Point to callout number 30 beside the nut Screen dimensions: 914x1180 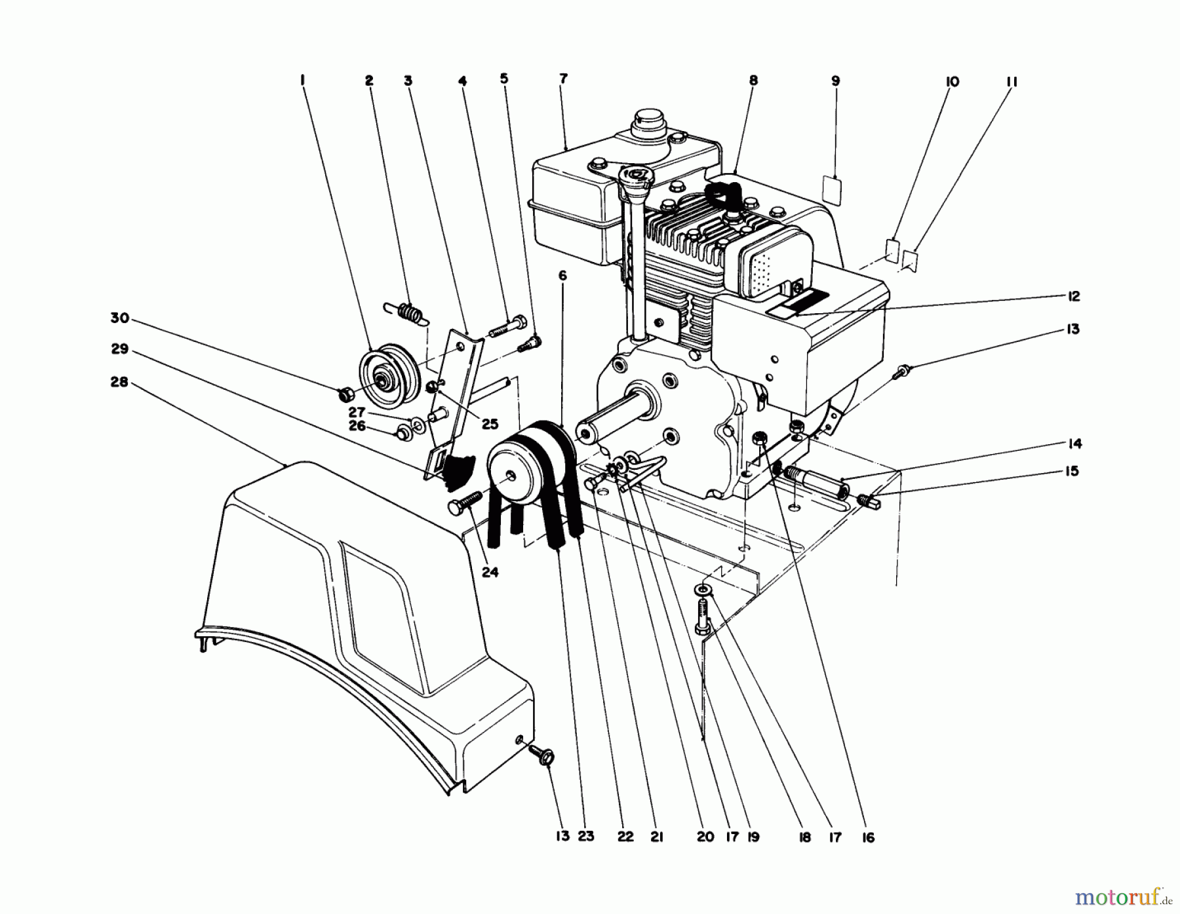[x=120, y=318]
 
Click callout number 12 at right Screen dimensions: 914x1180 [x=1072, y=296]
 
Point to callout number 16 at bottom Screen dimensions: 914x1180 [x=868, y=837]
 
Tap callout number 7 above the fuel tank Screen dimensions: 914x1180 [x=563, y=79]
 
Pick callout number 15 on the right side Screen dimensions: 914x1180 [x=1071, y=471]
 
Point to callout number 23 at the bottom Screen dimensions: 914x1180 [x=585, y=837]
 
